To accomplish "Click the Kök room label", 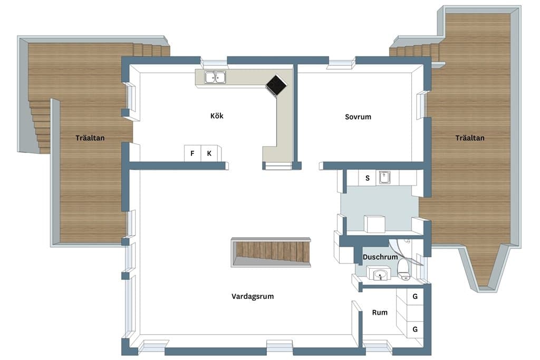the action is tap(217, 115).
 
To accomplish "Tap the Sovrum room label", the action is tap(358, 116).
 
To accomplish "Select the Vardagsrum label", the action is tap(253, 296).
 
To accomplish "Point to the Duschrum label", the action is tap(380, 257).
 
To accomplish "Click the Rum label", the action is tap(380, 313).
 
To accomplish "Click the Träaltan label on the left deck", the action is tap(90, 138).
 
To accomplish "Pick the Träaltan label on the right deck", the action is tap(470, 138).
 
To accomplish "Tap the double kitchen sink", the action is tap(215, 77).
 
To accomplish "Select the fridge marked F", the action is tap(192, 153).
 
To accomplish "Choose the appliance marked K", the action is tap(209, 153).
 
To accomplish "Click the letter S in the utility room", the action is tap(368, 178).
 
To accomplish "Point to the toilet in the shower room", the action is tap(403, 270).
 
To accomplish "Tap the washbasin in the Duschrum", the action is tap(380, 275).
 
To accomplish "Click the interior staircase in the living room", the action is tap(271, 252).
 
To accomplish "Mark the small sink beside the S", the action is tap(384, 178).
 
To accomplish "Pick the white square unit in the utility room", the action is tap(375, 224).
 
